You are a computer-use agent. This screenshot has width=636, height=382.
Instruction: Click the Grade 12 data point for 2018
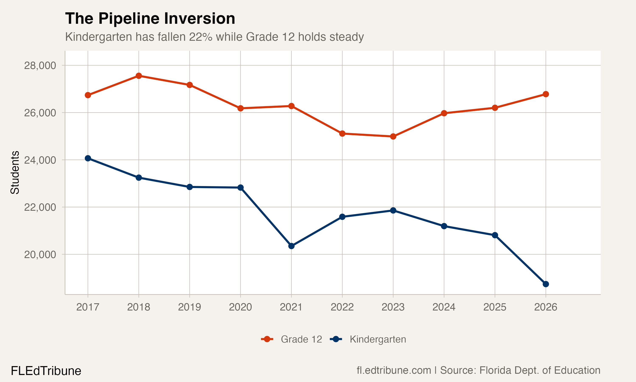139,76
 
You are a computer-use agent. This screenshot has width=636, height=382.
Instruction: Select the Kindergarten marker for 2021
291,246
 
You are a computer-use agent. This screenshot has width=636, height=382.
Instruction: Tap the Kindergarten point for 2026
545,284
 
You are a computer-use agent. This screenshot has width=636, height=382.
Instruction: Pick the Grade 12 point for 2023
393,136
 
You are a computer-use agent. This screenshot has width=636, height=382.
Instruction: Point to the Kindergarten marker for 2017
88,158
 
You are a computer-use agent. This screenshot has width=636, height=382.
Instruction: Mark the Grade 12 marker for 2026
545,94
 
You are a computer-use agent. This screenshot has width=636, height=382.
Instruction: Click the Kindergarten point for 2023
393,211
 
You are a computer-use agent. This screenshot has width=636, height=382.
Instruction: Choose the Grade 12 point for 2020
240,108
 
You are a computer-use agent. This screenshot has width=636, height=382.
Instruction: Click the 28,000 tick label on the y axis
40,66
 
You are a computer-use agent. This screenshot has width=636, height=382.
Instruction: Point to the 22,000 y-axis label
40,207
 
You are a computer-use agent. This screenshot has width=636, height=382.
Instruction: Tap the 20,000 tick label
40,255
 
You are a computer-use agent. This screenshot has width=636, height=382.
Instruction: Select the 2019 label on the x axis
190,307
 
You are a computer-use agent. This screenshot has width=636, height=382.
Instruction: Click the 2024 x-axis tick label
444,307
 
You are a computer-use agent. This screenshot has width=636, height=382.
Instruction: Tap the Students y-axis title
15,173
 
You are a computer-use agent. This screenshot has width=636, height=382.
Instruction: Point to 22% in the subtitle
201,37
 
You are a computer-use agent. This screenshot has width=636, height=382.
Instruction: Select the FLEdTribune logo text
46,371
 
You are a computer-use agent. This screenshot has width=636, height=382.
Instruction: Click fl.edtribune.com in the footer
394,370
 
